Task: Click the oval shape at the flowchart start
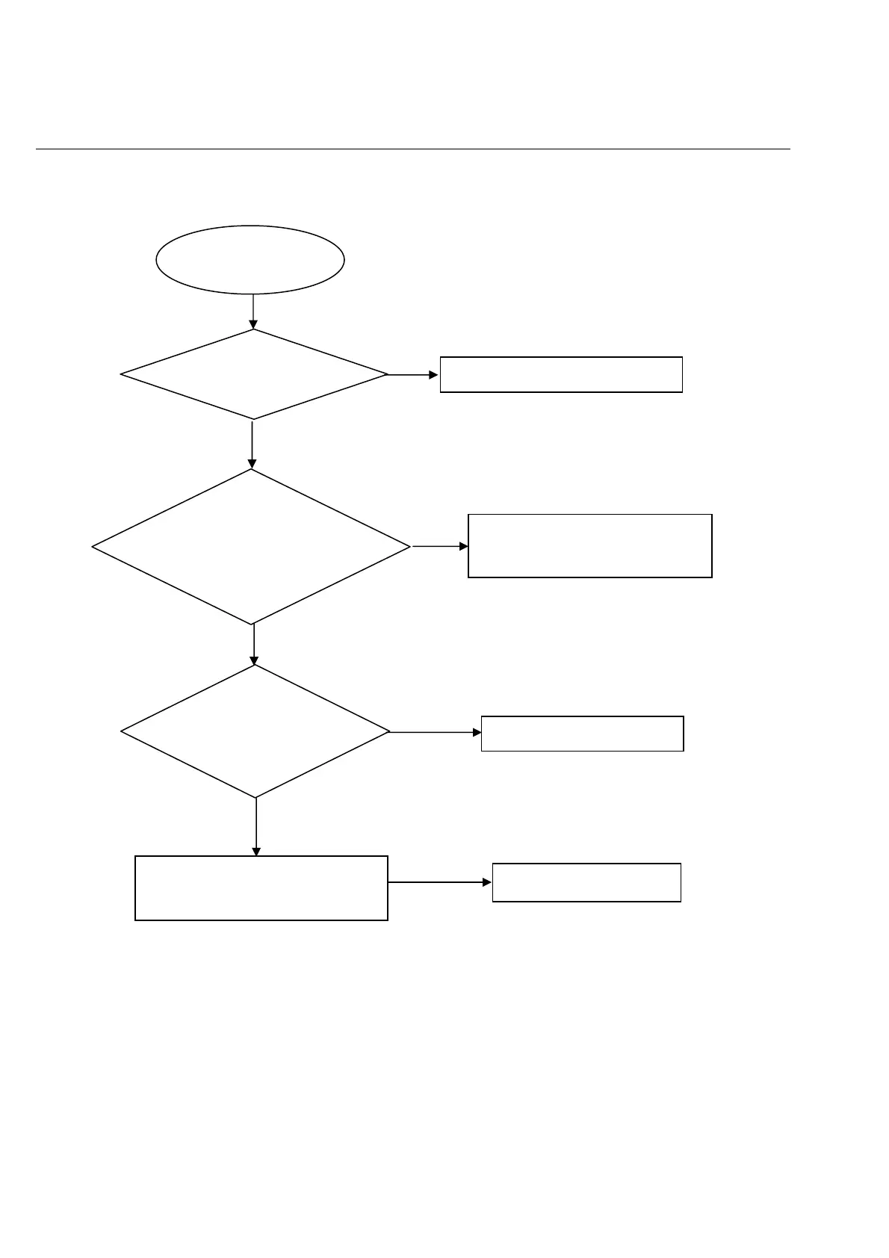coord(250,260)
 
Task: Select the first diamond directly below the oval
coord(254,374)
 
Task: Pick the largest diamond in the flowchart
coord(252,547)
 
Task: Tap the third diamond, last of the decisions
coord(255,731)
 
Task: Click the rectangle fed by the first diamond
coord(560,374)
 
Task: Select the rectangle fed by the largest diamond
coord(589,545)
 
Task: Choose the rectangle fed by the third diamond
coord(582,734)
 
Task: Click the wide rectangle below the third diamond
coord(261,887)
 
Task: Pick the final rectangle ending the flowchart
coord(586,882)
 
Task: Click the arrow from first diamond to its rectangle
coord(412,374)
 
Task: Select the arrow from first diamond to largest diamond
coord(252,444)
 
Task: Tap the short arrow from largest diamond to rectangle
coord(439,546)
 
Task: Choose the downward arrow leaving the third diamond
coord(256,825)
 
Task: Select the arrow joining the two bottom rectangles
coord(439,882)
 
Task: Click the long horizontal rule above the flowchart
coord(412,149)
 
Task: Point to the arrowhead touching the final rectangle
coord(488,882)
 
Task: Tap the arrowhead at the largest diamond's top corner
coord(252,464)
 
